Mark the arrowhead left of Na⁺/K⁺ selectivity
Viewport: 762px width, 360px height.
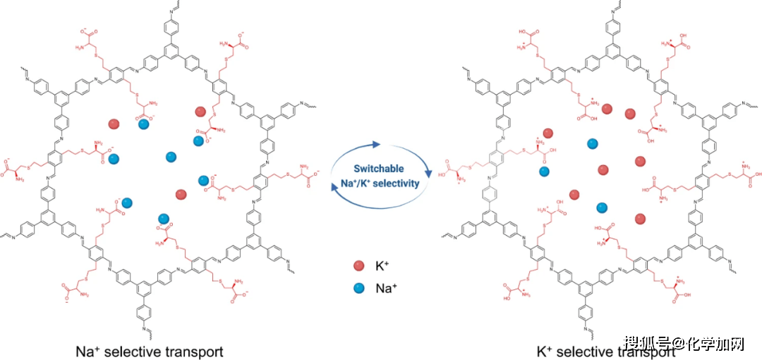click(x=334, y=179)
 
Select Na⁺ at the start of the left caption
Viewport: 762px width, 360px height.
click(x=88, y=352)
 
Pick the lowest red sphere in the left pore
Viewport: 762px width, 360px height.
click(x=181, y=193)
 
